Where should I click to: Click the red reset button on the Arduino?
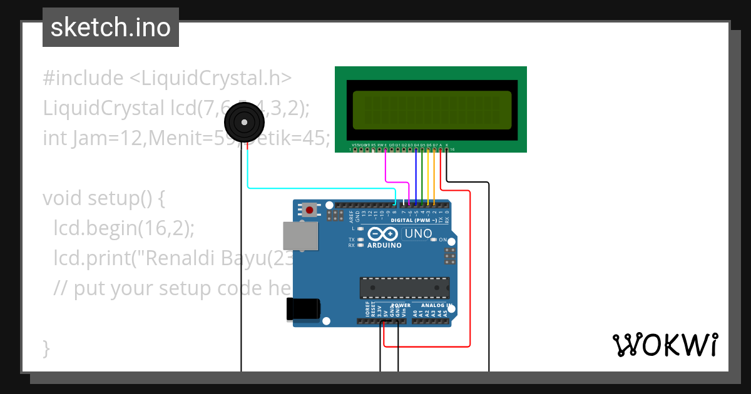click(309, 210)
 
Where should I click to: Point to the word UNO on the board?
click(418, 234)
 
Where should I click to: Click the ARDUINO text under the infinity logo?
click(385, 246)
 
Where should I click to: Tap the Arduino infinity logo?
click(383, 235)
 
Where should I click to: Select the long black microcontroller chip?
click(404, 288)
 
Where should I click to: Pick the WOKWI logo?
click(665, 345)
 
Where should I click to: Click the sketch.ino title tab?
click(111, 28)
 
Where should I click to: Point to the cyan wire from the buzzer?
click(313, 188)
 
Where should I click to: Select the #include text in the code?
click(83, 78)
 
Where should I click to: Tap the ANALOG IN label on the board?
click(436, 305)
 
